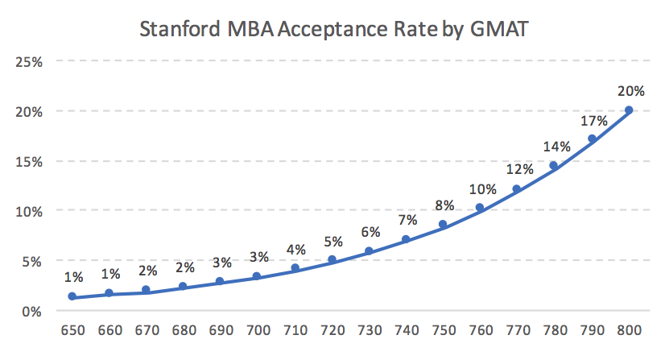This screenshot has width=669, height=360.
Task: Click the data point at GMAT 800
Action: click(x=629, y=110)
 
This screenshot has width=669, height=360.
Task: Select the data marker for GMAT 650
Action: click(x=72, y=296)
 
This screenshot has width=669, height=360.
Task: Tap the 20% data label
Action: click(x=630, y=92)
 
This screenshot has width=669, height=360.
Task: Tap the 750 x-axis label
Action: click(x=442, y=332)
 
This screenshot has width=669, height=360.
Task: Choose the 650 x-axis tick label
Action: click(x=72, y=332)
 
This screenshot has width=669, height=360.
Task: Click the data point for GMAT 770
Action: click(x=517, y=189)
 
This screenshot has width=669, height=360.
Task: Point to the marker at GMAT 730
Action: click(x=369, y=251)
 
